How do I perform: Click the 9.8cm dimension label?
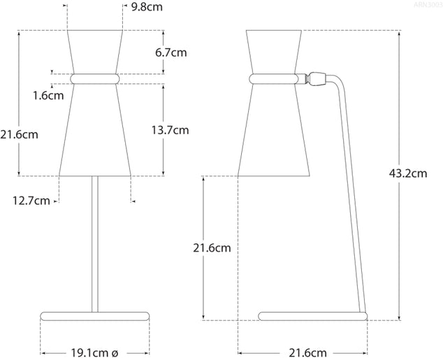click(148, 8)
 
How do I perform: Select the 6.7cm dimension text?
click(171, 52)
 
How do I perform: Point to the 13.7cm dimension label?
click(171, 130)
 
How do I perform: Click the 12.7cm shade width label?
click(31, 201)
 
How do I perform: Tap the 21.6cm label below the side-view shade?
click(212, 247)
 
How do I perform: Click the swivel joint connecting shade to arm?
click(317, 77)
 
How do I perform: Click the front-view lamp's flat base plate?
click(94, 316)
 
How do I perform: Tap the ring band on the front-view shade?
click(94, 78)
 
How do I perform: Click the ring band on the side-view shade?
click(275, 78)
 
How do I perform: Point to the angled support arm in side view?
click(352, 196)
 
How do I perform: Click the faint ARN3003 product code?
click(427, 4)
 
